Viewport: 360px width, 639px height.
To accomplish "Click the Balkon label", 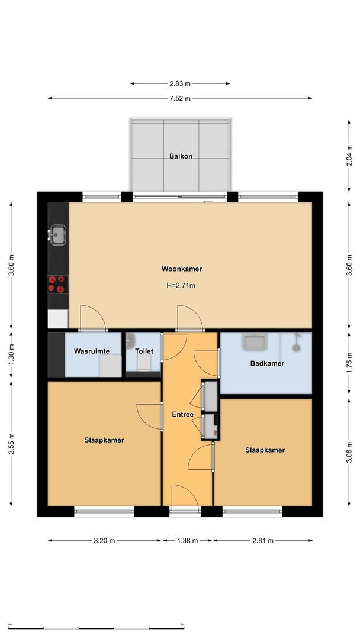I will point(180,156).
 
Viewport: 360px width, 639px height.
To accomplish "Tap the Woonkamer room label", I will point(182,269).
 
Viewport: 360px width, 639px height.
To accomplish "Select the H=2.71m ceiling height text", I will point(181,285).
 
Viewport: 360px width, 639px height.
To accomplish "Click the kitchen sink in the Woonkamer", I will point(57,234).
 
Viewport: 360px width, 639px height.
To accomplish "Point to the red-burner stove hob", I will point(58,284).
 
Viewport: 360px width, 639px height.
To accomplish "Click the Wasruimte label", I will point(92,351).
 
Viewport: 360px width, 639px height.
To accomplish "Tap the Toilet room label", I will point(144,351).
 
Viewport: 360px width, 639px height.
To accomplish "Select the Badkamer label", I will point(267,363).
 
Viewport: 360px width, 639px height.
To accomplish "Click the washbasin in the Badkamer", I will point(255,342).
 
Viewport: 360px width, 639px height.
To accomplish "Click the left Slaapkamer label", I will point(104,440).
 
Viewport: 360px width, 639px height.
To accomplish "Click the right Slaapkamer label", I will point(265,450).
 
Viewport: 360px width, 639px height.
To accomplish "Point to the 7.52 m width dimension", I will point(180,98).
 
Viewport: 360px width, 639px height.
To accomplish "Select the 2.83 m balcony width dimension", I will point(180,84).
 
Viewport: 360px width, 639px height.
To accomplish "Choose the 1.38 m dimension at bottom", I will point(187,540).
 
